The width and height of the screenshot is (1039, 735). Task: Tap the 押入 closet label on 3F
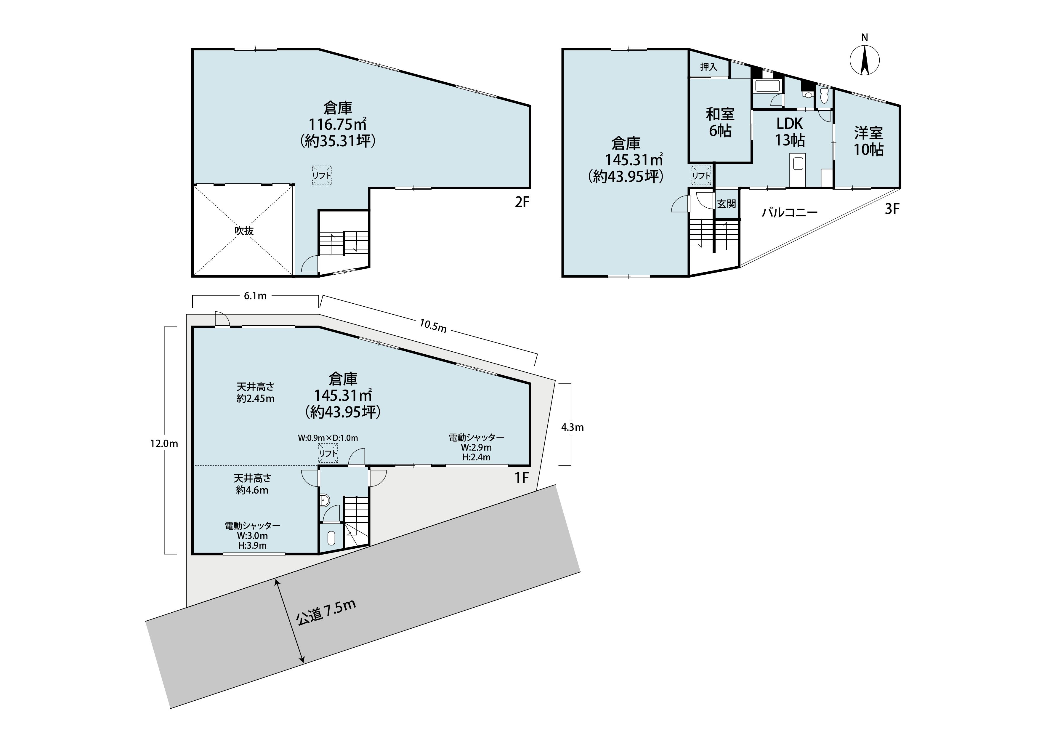point(709,67)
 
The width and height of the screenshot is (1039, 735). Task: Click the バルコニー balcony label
point(790,212)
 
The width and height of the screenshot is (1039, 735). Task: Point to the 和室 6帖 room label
point(720,122)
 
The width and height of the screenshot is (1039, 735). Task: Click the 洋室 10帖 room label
point(868,141)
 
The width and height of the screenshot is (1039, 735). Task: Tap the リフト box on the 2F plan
point(322,175)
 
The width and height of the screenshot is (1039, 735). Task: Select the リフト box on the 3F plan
point(701,176)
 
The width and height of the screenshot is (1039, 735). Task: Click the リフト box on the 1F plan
point(328,453)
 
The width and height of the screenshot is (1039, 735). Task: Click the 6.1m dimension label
point(255,296)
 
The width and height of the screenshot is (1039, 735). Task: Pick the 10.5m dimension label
point(433,326)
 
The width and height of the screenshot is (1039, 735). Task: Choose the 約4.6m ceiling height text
point(252,490)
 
